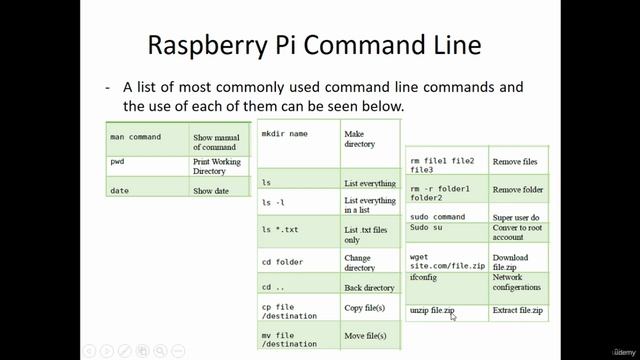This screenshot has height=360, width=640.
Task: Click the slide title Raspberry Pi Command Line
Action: click(314, 45)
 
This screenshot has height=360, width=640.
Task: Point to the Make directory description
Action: click(360, 138)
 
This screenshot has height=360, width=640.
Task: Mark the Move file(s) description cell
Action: click(365, 336)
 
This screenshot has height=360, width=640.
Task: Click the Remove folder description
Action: click(518, 189)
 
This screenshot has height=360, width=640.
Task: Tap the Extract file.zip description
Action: click(518, 312)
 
